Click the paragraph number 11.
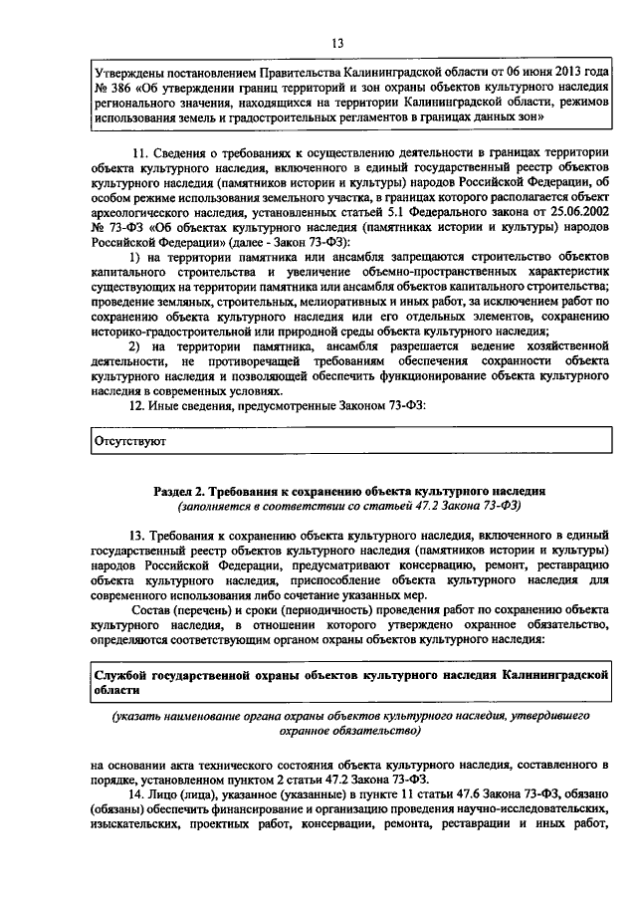click(139, 152)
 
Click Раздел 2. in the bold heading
click(182, 492)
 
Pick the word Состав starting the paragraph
click(151, 608)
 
